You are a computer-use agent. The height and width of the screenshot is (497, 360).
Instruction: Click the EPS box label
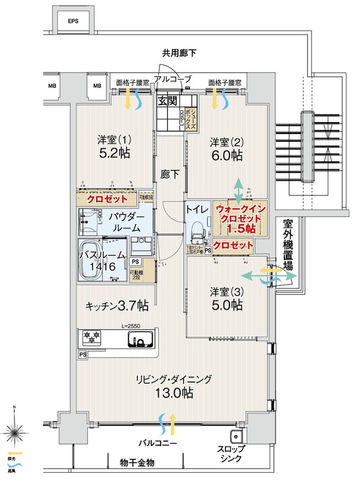pyautogui.click(x=73, y=21)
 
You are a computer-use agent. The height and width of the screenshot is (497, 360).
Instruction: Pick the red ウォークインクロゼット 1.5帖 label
pyautogui.click(x=240, y=218)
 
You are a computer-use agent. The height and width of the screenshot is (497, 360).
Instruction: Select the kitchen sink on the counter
pyautogui.click(x=142, y=340)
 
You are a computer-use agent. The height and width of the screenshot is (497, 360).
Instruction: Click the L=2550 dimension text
pyautogui.click(x=133, y=326)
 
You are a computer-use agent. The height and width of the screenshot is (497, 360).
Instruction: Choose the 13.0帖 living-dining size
pyautogui.click(x=173, y=394)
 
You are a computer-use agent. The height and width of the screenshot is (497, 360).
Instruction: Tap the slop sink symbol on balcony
pyautogui.click(x=237, y=437)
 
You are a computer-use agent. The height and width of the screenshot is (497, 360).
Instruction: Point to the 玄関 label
pyautogui.click(x=165, y=100)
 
